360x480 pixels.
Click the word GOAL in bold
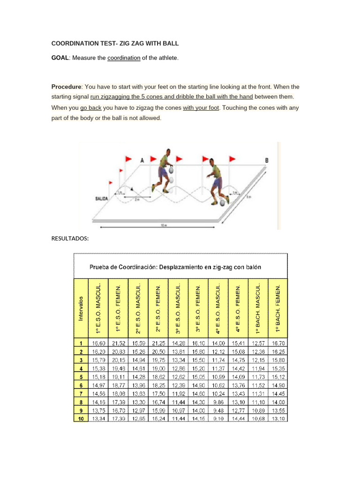coord(60,58)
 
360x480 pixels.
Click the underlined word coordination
coord(124,58)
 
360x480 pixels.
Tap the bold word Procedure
coord(66,87)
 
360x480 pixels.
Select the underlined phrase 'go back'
coord(90,107)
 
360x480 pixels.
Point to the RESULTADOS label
coord(70,239)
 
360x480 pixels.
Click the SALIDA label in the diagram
coord(102,199)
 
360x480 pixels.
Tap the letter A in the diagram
coord(142,160)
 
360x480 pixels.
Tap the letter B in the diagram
coord(267,160)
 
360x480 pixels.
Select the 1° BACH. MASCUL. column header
coord(258,309)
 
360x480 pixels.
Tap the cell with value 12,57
coord(258,344)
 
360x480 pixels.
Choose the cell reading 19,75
coord(158,360)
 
